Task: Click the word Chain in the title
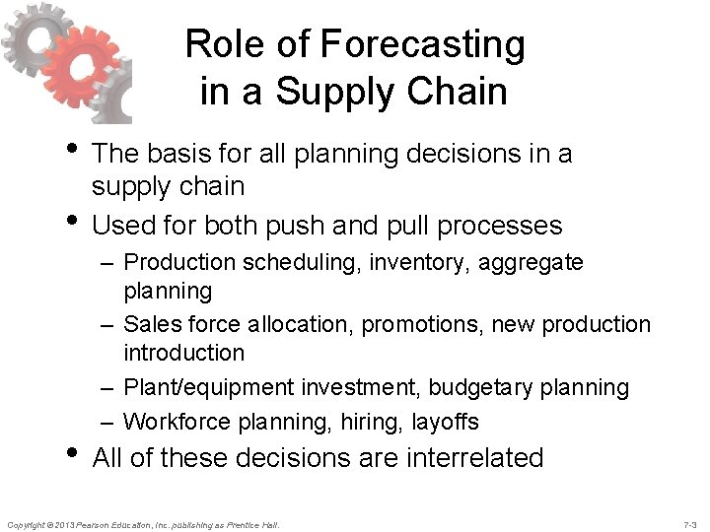tap(461, 92)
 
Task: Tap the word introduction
tap(184, 352)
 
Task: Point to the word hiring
tap(359, 422)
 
